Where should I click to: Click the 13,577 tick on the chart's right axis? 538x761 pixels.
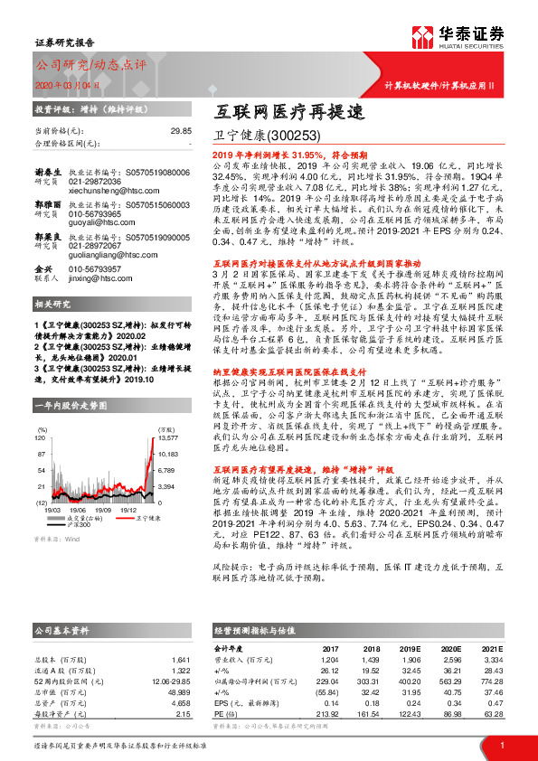tap(168, 412)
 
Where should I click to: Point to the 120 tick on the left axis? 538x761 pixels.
tap(41, 412)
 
